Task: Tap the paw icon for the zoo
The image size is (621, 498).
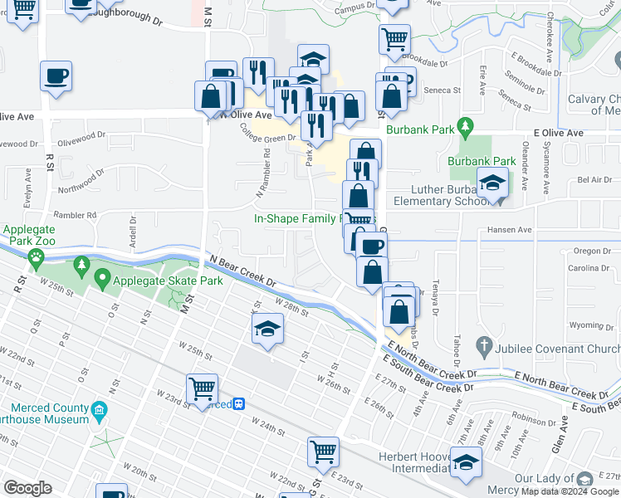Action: click(x=37, y=257)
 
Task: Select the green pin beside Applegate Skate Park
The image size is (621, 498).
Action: click(x=103, y=278)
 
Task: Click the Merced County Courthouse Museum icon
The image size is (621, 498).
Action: click(x=100, y=409)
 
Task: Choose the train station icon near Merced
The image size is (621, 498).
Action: click(x=239, y=404)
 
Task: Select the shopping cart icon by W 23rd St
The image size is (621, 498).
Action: click(x=203, y=388)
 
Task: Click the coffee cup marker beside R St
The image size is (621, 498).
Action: click(x=56, y=77)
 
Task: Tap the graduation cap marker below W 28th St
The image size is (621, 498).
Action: click(x=267, y=330)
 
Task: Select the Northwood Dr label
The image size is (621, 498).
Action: click(x=81, y=176)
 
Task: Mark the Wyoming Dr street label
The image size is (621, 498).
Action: click(x=591, y=325)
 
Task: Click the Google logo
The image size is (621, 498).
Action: click(x=27, y=488)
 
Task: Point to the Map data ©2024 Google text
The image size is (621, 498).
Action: click(x=570, y=491)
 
